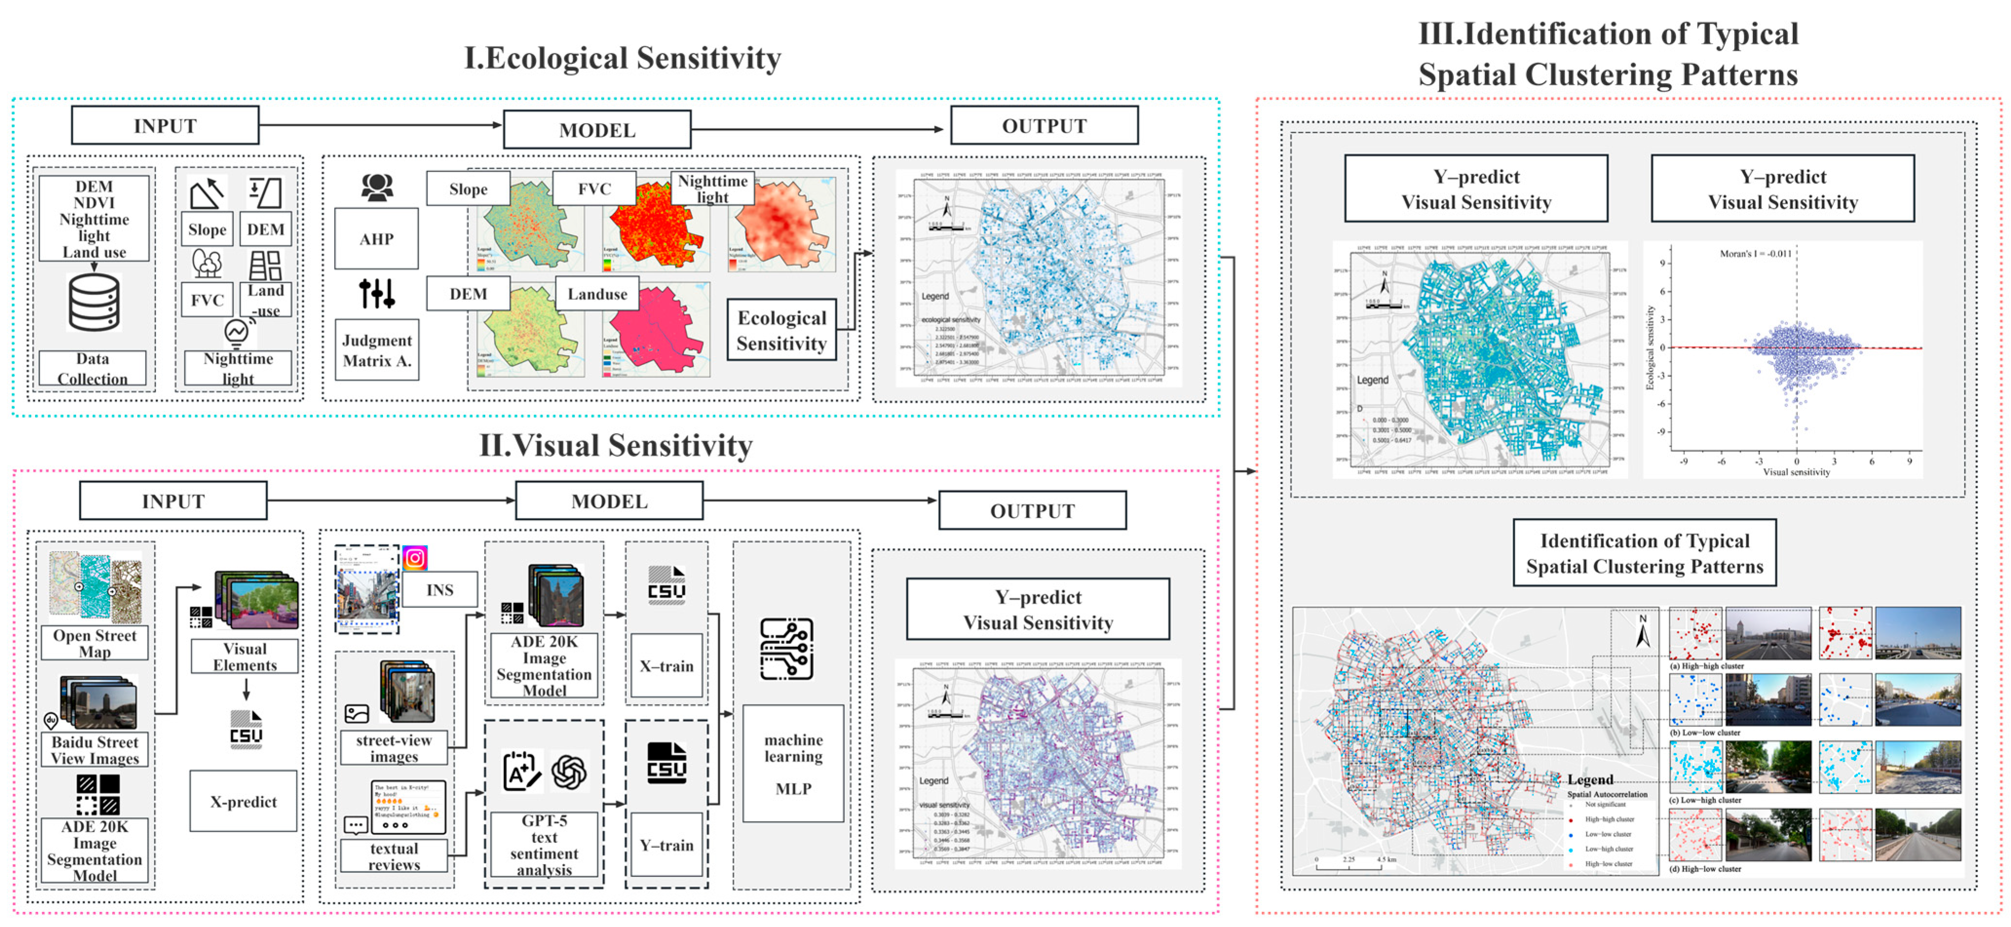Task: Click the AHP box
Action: (x=376, y=239)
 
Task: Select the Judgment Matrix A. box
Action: (x=376, y=351)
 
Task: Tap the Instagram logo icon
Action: (x=414, y=558)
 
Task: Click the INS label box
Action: (x=439, y=590)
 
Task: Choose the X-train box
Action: (x=666, y=667)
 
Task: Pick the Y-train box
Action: (x=666, y=845)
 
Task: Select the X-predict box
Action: (x=243, y=801)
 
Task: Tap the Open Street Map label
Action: (x=94, y=643)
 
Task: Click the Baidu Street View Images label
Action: (x=94, y=750)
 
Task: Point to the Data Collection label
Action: (x=92, y=368)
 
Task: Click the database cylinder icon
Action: (x=94, y=303)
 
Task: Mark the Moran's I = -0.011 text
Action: (x=1755, y=254)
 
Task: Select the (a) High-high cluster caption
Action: (x=1706, y=667)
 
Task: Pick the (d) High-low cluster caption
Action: (x=1705, y=869)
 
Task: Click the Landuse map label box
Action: (x=597, y=294)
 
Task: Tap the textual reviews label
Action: (x=394, y=856)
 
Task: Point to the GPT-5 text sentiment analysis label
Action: (x=544, y=845)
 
